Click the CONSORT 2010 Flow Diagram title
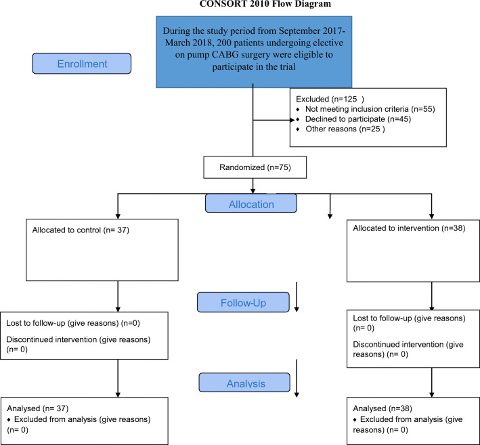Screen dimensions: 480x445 pos(265,3)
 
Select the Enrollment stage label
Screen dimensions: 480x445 pos(82,64)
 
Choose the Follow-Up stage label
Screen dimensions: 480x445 pos(243,302)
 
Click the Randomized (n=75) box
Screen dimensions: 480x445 pos(255,167)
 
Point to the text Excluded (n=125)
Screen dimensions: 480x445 pos(330,99)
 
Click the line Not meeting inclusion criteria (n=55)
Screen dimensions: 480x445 pos(370,109)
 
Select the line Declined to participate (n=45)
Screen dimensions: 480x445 pos(358,119)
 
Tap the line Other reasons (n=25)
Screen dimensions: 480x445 pos(345,129)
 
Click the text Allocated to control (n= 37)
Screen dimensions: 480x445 pos(81,230)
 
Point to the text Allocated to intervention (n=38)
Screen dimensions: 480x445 pos(409,228)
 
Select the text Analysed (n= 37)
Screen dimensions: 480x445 pos(38,408)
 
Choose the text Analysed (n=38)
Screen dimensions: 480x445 pos(383,408)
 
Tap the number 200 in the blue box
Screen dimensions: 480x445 pos(224,43)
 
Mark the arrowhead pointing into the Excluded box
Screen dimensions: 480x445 pos(292,120)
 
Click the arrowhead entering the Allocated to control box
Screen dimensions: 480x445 pos(118,216)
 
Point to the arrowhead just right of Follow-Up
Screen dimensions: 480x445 pos(297,310)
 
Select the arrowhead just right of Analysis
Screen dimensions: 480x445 pos(297,395)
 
